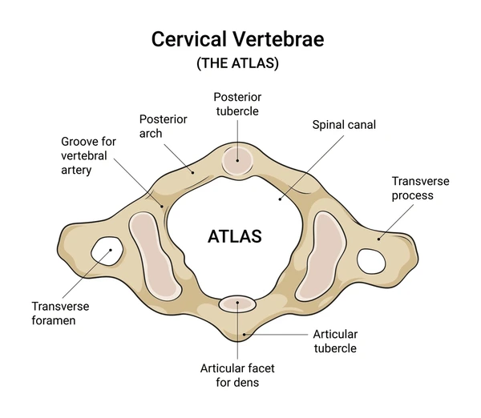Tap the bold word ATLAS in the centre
click(x=234, y=237)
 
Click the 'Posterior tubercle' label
click(x=236, y=104)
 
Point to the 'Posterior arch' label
click(x=164, y=126)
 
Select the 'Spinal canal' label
click(x=343, y=125)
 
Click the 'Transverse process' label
click(x=412, y=188)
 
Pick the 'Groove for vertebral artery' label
click(x=88, y=155)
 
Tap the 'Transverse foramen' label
click(x=61, y=313)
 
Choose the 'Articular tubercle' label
click(x=336, y=340)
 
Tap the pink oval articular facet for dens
click(x=237, y=303)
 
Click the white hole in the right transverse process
click(x=370, y=259)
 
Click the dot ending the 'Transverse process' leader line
click(x=380, y=236)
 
